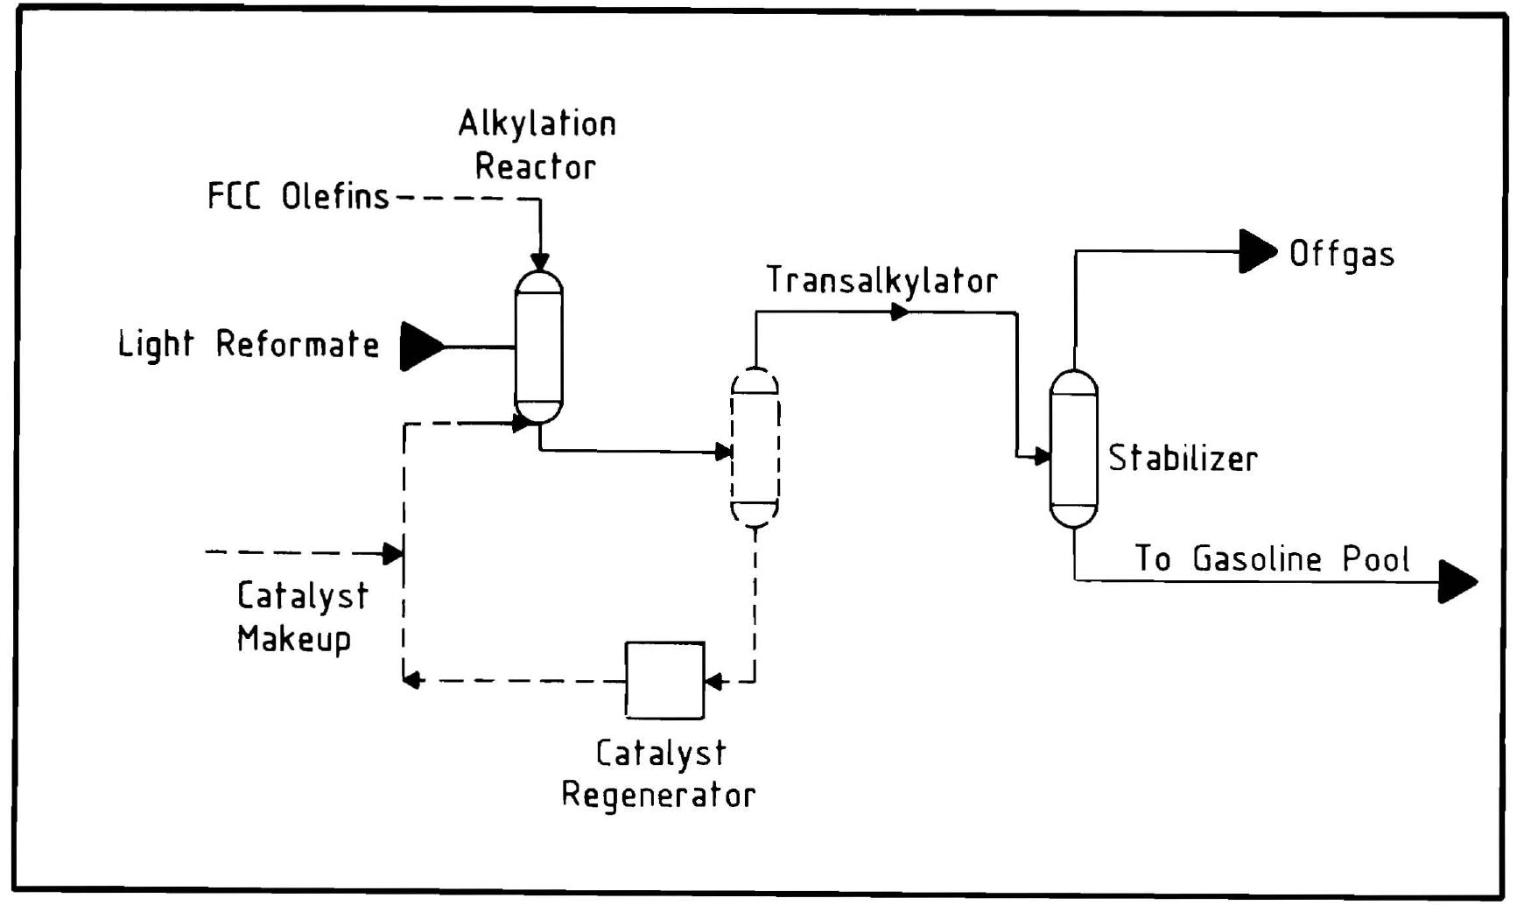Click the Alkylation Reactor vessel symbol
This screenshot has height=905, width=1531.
click(x=539, y=347)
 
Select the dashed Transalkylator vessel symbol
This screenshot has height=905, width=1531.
click(x=755, y=448)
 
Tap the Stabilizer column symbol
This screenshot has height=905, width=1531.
click(x=1073, y=449)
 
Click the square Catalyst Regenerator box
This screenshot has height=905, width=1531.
click(x=664, y=680)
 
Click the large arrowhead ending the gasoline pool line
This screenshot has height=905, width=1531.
click(x=1456, y=581)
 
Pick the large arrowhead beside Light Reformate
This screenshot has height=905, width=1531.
click(x=421, y=347)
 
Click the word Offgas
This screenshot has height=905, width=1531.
click(x=1341, y=255)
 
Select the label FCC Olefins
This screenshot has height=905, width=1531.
click(x=298, y=196)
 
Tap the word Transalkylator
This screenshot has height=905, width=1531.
click(x=881, y=281)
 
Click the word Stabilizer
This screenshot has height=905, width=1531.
click(x=1183, y=459)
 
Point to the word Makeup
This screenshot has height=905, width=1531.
click(x=294, y=638)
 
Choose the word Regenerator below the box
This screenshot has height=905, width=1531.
click(x=657, y=796)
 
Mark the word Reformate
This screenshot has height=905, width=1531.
click(x=298, y=345)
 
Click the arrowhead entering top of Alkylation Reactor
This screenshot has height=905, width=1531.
click(x=540, y=262)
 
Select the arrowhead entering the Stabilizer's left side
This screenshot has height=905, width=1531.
click(x=1041, y=456)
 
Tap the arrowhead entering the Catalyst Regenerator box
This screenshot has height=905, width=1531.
click(x=713, y=681)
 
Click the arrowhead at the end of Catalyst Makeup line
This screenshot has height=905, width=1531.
click(x=393, y=553)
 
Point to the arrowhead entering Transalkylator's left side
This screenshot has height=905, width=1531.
click(x=723, y=452)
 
